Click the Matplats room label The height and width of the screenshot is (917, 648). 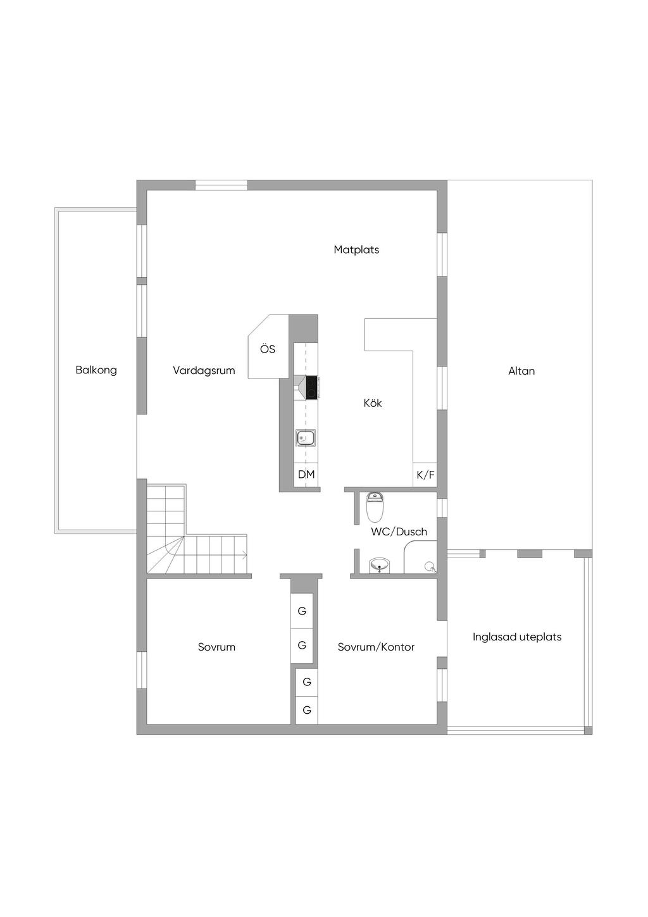[x=356, y=250]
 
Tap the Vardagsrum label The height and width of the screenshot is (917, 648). [x=204, y=371]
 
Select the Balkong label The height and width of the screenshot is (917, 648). [x=96, y=370]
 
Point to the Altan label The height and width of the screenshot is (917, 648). [x=521, y=371]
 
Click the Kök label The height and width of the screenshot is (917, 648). [x=373, y=403]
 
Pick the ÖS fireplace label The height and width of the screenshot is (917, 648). [x=268, y=349]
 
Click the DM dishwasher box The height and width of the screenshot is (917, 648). [x=306, y=475]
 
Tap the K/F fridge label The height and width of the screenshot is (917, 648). [x=425, y=475]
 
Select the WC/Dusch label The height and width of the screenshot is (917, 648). [x=399, y=532]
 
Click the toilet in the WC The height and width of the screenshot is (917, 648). [x=375, y=506]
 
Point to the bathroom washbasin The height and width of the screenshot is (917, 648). [x=379, y=565]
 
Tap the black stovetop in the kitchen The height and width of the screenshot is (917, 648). [x=312, y=387]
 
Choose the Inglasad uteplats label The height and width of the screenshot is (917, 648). [x=517, y=637]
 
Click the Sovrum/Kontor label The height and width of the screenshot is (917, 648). [x=376, y=647]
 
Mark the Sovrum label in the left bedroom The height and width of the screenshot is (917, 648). [x=216, y=647]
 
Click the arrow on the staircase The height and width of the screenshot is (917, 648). [x=244, y=556]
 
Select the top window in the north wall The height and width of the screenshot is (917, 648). [x=221, y=185]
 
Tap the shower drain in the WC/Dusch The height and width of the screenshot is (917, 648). [x=430, y=566]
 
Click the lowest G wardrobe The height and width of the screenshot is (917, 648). [x=307, y=711]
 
